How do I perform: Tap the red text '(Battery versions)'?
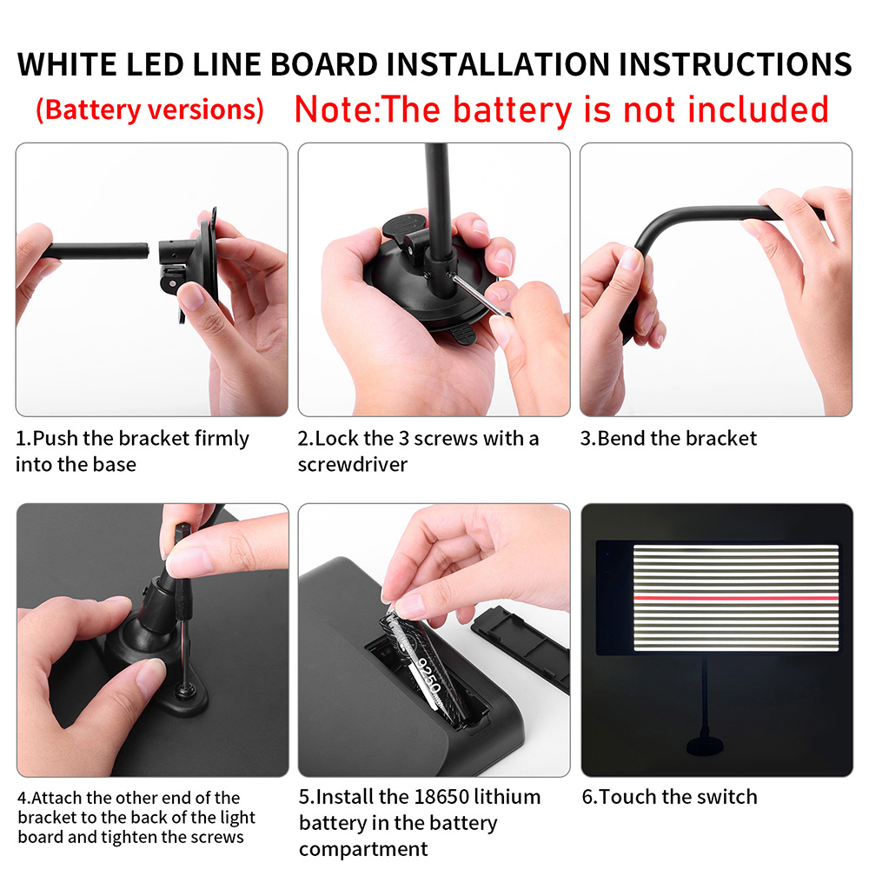149,110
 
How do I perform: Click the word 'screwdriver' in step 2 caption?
353,464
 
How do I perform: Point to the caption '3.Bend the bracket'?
668,438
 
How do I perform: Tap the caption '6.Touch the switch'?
669,797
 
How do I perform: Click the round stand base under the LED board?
710,746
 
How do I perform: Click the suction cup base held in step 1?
205,265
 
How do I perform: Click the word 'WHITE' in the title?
64,65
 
